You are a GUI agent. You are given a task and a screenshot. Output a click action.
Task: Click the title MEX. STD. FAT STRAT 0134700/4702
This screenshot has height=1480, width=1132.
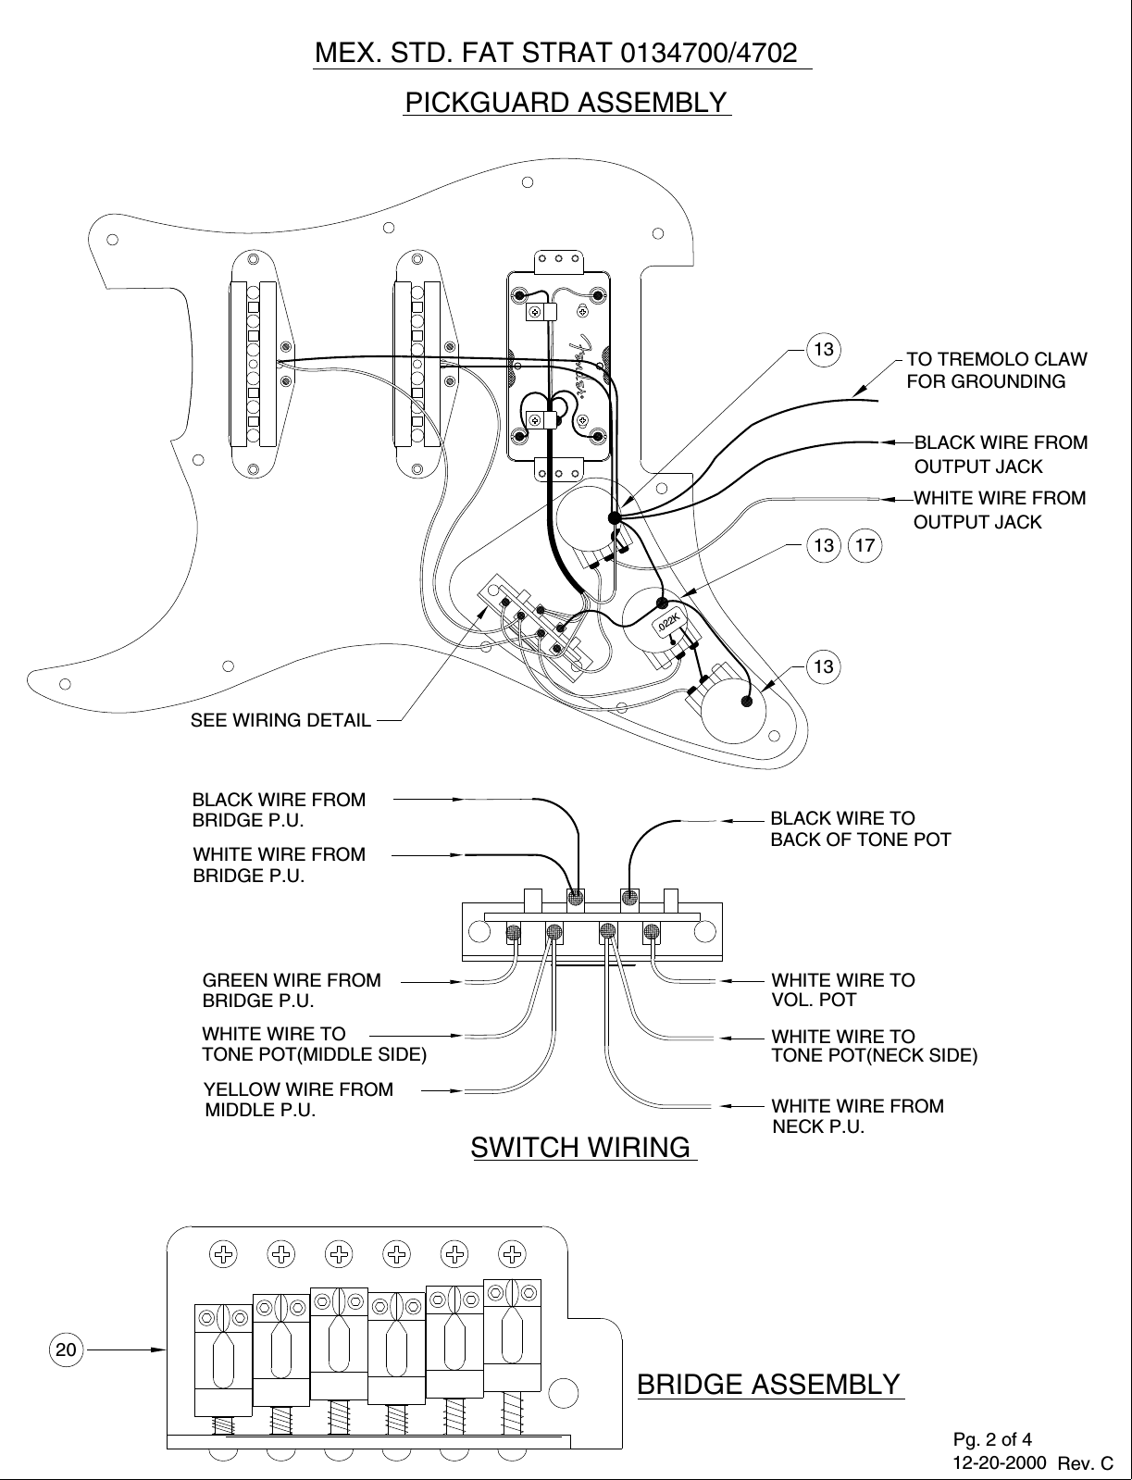pos(557,53)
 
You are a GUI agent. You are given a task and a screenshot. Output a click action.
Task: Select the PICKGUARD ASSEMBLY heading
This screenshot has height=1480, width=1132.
pos(566,102)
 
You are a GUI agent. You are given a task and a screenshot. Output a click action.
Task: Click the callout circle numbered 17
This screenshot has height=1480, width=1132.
pos(866,545)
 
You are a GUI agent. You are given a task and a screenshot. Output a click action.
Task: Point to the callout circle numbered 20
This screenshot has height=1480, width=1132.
pos(65,1349)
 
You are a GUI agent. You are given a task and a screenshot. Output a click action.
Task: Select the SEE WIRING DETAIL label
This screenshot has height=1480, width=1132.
pos(280,720)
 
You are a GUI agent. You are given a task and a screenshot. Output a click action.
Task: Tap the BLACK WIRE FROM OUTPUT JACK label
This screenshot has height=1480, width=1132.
pos(1000,454)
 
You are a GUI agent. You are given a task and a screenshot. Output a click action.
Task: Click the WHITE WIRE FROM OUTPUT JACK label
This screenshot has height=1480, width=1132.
pos(999,510)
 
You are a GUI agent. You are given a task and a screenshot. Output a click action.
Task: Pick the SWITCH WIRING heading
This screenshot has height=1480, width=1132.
pos(581,1148)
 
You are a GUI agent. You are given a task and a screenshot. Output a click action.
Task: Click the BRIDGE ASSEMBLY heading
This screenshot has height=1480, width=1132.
pos(769,1385)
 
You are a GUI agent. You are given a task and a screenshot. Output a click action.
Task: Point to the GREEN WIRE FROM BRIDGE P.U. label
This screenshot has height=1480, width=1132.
pos(291,989)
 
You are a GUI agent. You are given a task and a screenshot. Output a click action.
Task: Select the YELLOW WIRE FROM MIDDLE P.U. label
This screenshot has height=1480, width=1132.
pos(298,1100)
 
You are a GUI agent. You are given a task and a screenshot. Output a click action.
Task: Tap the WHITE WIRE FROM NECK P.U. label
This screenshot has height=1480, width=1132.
pos(857,1116)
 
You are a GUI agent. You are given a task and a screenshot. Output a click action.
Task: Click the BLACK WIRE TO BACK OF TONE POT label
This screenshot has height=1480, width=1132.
pos(860,829)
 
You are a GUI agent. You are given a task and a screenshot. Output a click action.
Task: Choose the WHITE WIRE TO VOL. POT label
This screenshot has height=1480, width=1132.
pos(842,989)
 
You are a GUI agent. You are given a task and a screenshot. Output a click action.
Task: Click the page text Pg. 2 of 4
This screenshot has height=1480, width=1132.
pos(992,1439)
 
